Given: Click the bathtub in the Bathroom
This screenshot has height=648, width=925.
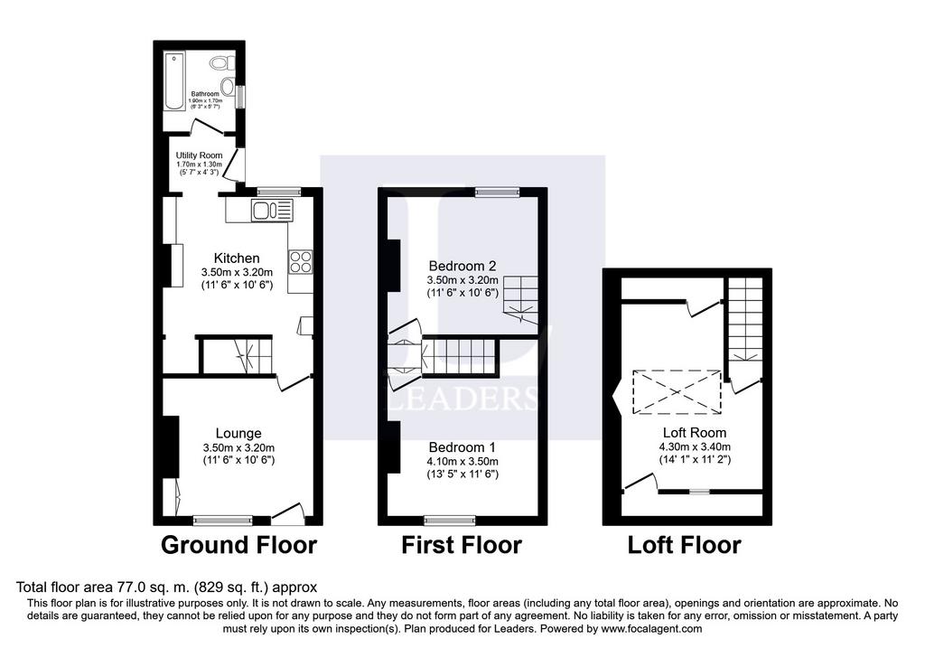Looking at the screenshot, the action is point(174,80).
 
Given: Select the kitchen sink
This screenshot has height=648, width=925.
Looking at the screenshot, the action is point(271,211).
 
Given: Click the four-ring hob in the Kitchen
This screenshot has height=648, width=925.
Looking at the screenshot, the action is point(300,262).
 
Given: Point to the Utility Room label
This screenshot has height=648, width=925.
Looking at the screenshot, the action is point(200,155).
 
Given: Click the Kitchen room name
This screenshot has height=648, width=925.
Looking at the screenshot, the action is point(237,258).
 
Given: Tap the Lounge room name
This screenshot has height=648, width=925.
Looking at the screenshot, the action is point(238,433).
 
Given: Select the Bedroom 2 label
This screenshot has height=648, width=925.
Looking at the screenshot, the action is point(462,266).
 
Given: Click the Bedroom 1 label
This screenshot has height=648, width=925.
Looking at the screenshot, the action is point(462,447).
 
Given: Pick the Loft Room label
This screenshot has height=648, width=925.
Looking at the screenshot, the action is point(695,433).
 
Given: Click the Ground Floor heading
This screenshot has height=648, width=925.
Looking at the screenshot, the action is point(238,545).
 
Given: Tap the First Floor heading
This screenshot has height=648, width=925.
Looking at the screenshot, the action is point(462,545).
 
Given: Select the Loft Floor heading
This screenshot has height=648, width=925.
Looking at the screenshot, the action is point(685,545).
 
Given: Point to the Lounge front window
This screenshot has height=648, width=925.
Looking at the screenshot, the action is point(223,520).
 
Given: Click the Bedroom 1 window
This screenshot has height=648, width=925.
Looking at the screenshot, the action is point(450,520).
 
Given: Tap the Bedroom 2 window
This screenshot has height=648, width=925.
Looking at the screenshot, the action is point(498,192).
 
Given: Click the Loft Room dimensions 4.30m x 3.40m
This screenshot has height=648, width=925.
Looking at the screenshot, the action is point(695,446).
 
